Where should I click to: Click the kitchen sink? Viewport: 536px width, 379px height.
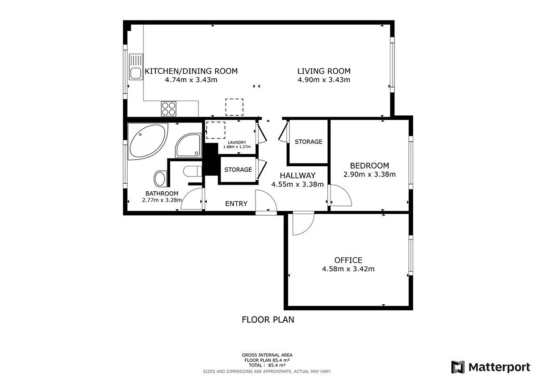tap(136, 67)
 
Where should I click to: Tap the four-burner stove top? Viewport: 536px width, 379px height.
tap(168, 109)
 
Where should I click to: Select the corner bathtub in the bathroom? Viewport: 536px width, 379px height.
tap(148, 141)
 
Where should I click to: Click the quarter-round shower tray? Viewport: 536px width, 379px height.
tap(188, 145)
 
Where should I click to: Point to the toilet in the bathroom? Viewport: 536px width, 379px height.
tap(193, 171)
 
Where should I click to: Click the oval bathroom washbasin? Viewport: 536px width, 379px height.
tap(160, 179)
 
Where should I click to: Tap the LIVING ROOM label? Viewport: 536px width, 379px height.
tap(324, 71)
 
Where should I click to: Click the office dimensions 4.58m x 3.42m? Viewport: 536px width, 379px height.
tap(348, 269)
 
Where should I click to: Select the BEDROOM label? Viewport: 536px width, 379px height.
tap(369, 166)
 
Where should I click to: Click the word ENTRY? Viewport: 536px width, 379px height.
tap(236, 203)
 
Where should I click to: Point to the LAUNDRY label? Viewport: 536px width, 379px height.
tap(237, 143)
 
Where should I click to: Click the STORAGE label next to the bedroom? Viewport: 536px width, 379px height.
tap(309, 142)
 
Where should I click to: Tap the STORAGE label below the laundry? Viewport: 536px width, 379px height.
tap(238, 169)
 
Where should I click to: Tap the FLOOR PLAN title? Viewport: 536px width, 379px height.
tap(268, 320)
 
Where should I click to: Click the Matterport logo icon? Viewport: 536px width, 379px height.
tap(458, 367)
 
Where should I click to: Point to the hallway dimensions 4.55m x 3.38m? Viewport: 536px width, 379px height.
tap(297, 184)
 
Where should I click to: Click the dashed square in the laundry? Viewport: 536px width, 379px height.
tap(216, 130)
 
